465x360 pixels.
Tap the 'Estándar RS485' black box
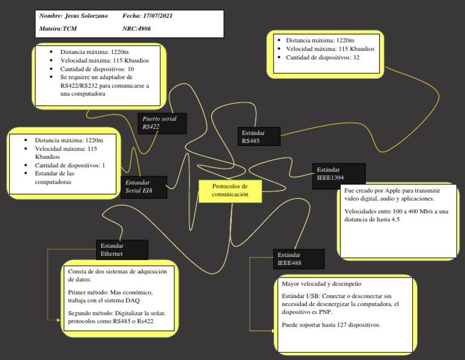tap(259, 136)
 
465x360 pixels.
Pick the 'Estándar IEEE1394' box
tap(338, 174)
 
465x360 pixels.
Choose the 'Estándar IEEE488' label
tap(298, 259)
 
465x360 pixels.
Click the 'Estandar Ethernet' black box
tap(122, 250)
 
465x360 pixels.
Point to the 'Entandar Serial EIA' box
tap(143, 187)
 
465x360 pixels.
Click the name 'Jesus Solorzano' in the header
tap(88, 16)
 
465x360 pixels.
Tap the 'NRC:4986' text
tap(139, 28)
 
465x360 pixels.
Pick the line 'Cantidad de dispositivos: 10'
tap(97, 69)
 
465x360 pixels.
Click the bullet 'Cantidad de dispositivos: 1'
tap(70, 165)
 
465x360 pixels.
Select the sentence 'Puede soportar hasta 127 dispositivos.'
tap(331, 325)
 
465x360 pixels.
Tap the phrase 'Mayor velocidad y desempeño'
tap(322, 284)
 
